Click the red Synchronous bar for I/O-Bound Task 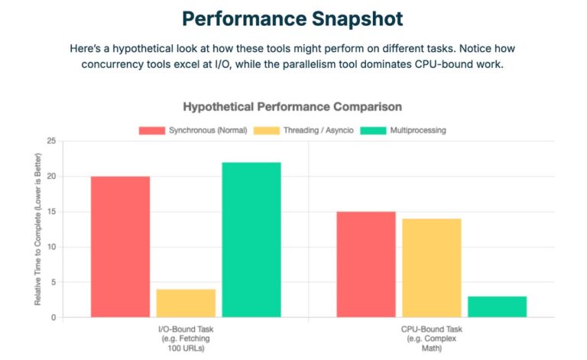(120, 246)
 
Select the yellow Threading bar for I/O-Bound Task (186, 303)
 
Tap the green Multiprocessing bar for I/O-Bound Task (251, 239)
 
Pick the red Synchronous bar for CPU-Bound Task (366, 264)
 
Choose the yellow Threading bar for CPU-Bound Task (432, 268)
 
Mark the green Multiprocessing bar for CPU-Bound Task (497, 306)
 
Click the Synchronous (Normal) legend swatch (151, 130)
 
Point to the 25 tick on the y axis (50, 141)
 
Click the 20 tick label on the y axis (50, 177)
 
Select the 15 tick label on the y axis (50, 212)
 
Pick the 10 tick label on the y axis (50, 247)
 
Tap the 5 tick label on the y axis (53, 282)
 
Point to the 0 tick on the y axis (53, 317)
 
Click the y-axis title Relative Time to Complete (37, 229)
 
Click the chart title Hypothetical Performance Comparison (293, 106)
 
